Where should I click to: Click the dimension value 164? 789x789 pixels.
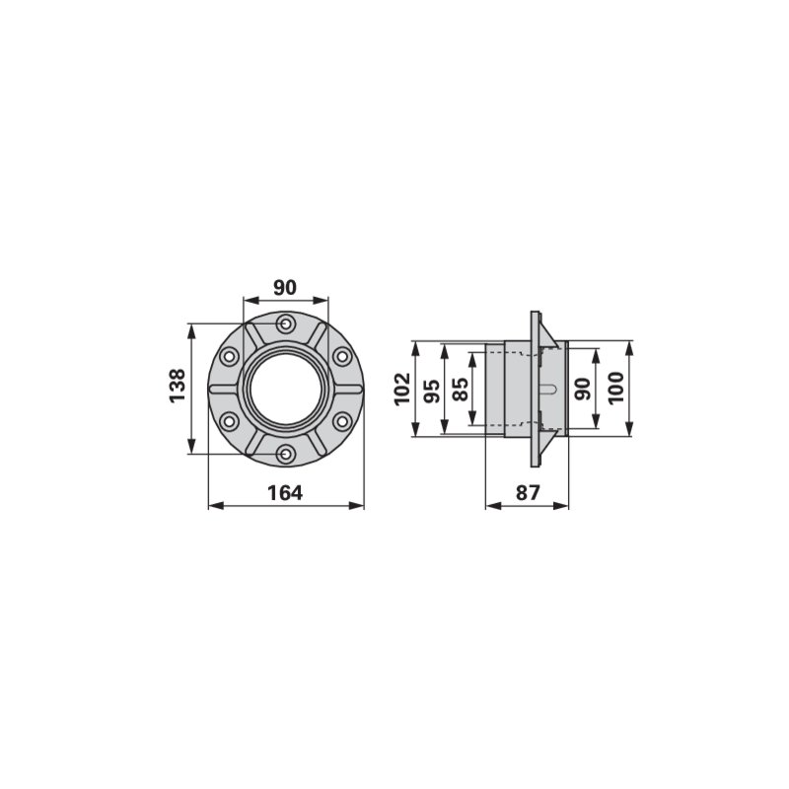pos(285,493)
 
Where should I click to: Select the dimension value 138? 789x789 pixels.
pos(178,386)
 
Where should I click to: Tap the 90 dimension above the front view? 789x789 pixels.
pos(285,287)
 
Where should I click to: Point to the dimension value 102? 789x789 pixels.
pos(402,389)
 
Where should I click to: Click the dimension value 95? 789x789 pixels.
pos(432,391)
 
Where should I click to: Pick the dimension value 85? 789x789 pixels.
pos(461,389)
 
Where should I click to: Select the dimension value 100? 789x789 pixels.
pos(616,388)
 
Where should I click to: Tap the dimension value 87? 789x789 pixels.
pos(528,492)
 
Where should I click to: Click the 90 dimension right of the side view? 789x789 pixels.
pos(583,389)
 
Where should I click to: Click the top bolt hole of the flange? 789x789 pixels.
pos(286,323)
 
